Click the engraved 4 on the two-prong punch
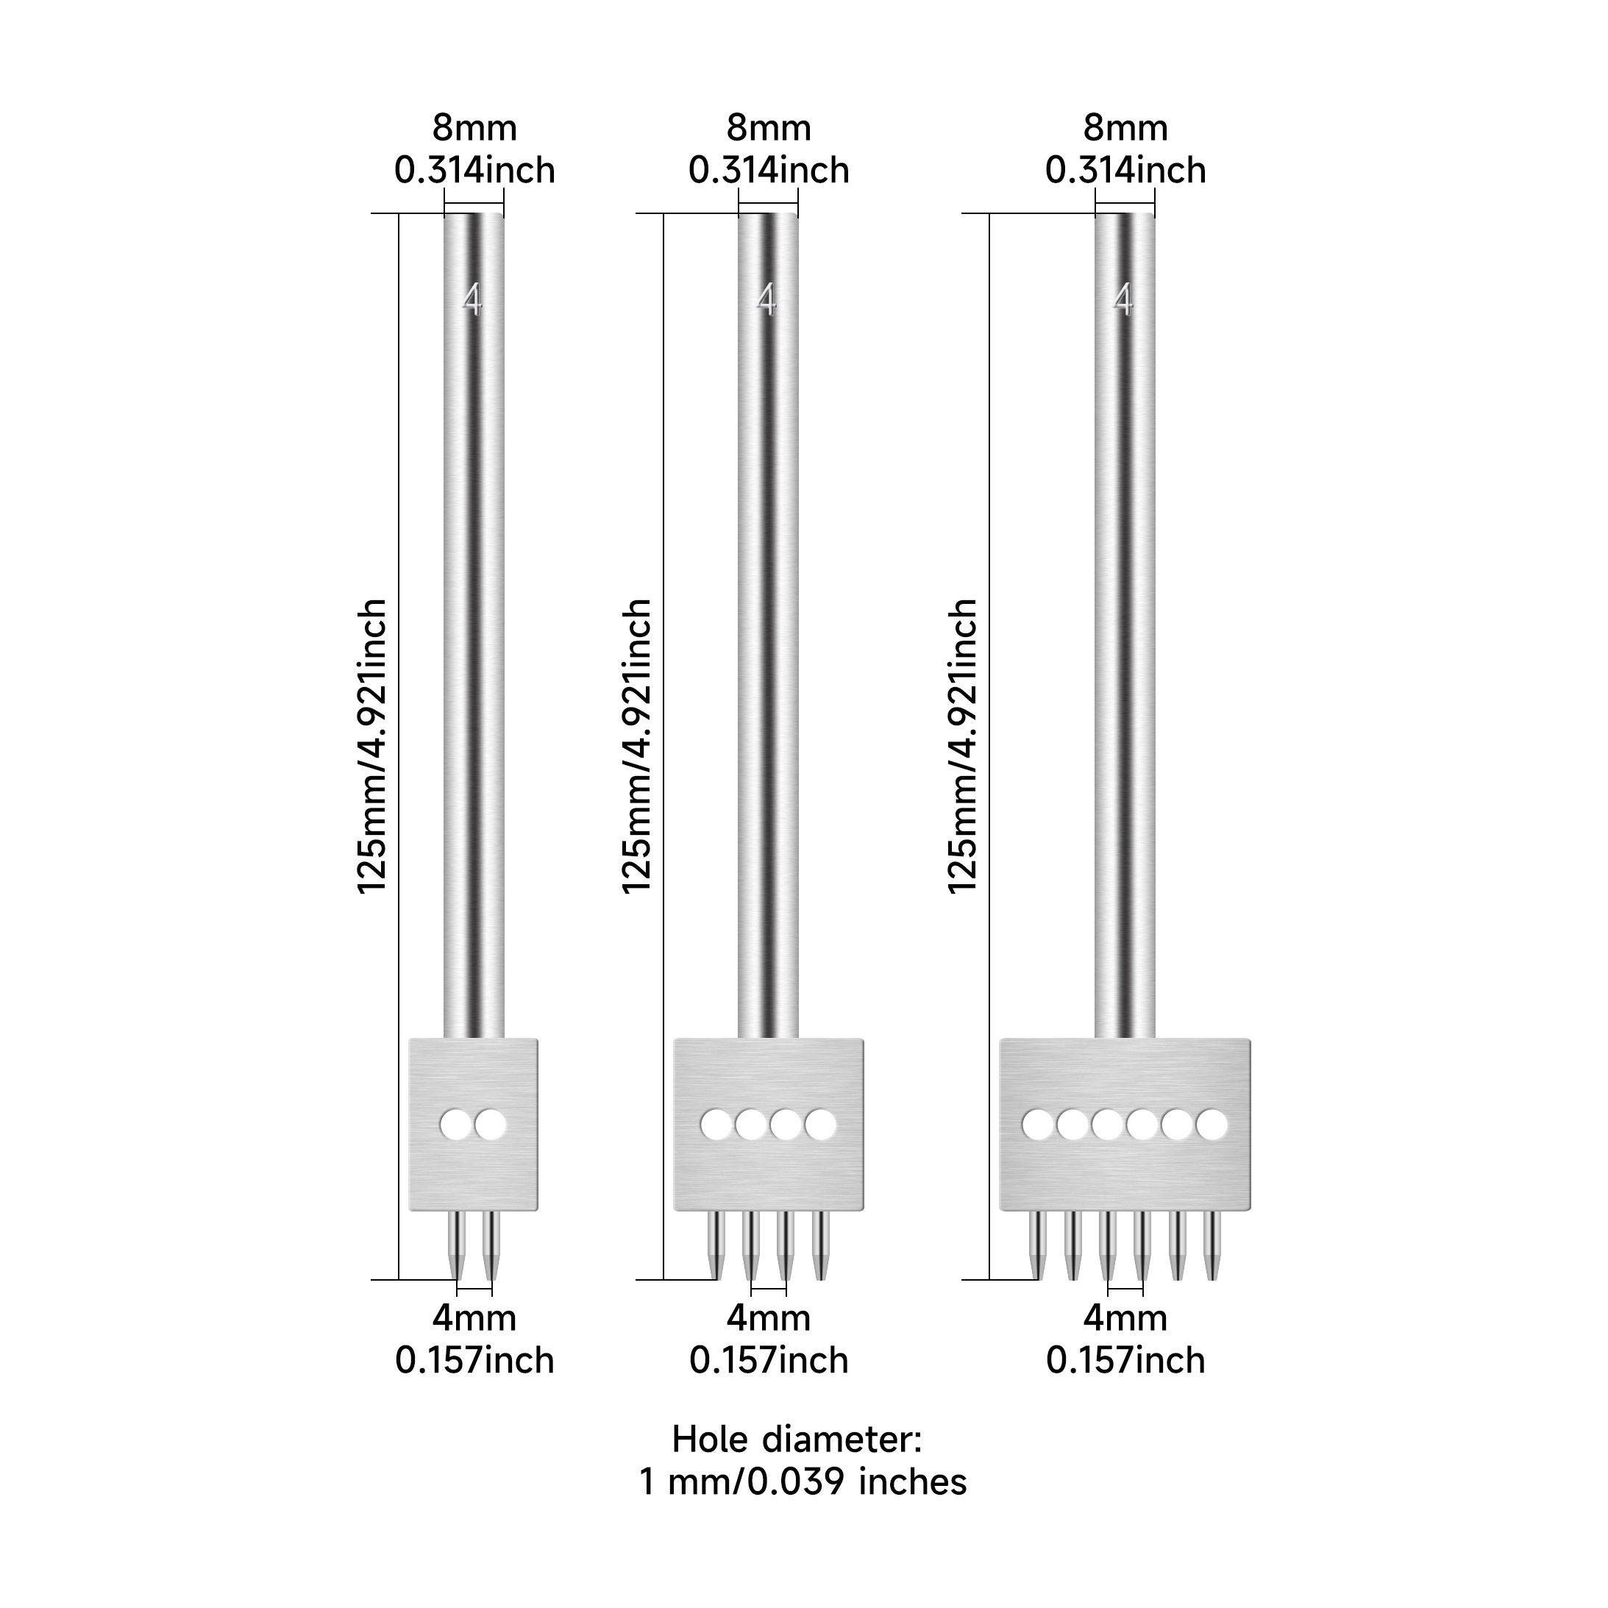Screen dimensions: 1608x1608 [x=472, y=299]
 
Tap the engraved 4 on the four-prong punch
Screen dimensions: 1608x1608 [x=766, y=299]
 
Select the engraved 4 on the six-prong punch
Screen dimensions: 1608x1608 [x=1123, y=299]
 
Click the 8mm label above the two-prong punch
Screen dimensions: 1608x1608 [x=474, y=128]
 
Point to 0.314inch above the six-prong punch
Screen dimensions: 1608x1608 [x=1125, y=171]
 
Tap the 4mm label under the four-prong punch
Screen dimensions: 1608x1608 [x=768, y=1318]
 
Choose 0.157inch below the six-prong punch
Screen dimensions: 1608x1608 [x=1125, y=1361]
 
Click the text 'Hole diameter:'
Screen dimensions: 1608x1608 [x=797, y=1439]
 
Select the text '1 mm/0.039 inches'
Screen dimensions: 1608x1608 [x=803, y=1481]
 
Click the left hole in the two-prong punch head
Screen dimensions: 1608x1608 [x=455, y=1125]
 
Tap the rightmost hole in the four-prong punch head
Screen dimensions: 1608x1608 [x=821, y=1125]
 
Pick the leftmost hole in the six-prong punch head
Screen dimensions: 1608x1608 [x=1037, y=1125]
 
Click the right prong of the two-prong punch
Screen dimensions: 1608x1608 [x=491, y=1246]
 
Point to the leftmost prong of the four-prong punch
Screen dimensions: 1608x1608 [x=716, y=1246]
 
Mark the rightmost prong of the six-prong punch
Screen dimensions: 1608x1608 [x=1212, y=1246]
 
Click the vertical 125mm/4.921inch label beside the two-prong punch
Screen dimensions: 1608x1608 [x=372, y=747]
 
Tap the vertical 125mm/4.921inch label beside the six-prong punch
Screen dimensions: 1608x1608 [x=963, y=747]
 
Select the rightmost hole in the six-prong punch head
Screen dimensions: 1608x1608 [x=1212, y=1125]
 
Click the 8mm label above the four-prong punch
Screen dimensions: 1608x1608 [x=769, y=128]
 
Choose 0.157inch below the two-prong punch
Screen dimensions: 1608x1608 [x=474, y=1361]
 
